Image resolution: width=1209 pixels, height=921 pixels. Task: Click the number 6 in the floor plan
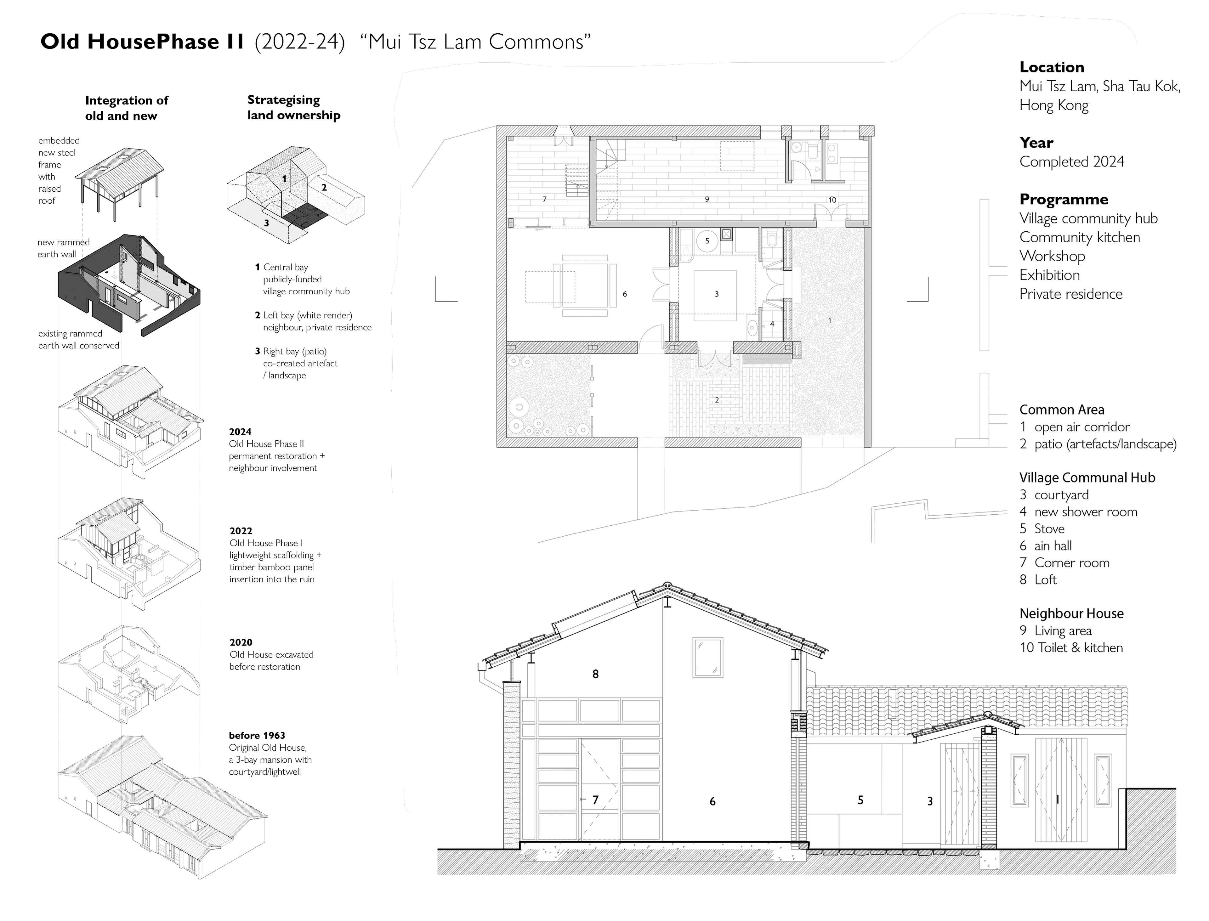(x=625, y=294)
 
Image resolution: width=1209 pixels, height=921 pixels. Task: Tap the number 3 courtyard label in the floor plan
(x=716, y=294)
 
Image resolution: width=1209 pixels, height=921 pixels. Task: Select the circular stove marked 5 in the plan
(x=707, y=241)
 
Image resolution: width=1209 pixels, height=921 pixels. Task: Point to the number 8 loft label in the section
(x=595, y=674)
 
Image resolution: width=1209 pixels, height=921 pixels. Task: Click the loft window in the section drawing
(x=708, y=657)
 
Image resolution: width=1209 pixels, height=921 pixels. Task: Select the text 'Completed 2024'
(x=1071, y=162)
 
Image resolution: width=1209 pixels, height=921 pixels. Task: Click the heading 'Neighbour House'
(x=1071, y=613)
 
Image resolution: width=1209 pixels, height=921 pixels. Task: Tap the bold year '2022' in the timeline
(x=241, y=531)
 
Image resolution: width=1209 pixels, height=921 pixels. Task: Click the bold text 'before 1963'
(x=257, y=735)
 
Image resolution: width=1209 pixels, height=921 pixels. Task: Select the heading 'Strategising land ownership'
(x=293, y=107)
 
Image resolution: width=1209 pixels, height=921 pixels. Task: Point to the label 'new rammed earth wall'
(x=63, y=248)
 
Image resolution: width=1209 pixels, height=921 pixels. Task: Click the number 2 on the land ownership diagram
(x=324, y=188)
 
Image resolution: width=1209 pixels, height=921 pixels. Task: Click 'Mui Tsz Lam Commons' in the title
(x=475, y=42)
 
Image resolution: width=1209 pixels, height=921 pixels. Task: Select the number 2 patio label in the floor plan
(x=717, y=400)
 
